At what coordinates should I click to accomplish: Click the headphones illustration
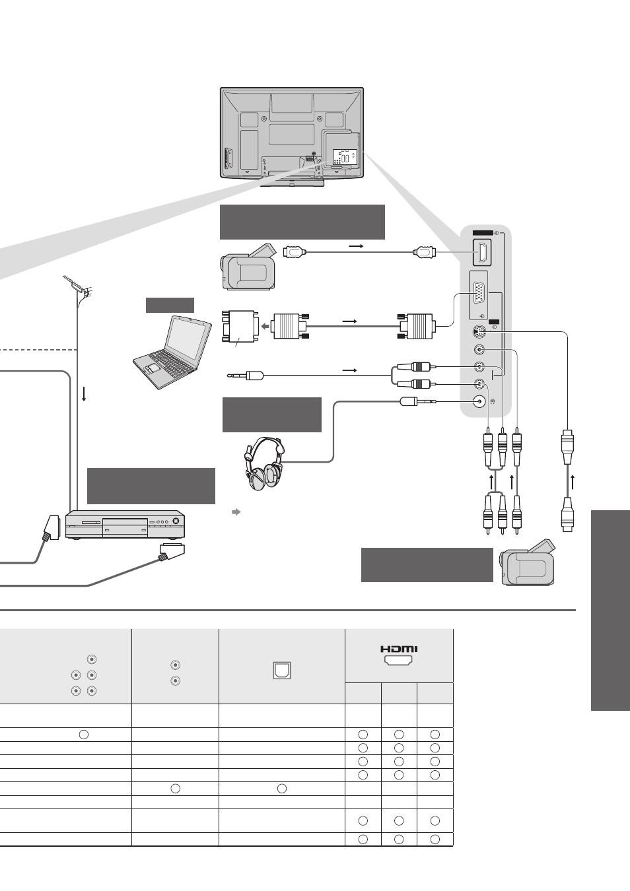coord(265,464)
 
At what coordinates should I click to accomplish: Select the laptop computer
coord(172,352)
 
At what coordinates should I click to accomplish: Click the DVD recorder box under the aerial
coord(125,524)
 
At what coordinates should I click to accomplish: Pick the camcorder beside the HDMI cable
coord(248,267)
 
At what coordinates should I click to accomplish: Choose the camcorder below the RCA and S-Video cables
coord(528,562)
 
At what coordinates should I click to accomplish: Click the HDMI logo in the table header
coord(399,649)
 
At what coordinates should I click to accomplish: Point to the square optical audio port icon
coord(282,671)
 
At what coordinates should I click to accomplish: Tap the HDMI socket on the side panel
coord(482,253)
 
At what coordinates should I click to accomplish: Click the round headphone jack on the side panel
coord(479,401)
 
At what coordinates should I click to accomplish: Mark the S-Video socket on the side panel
coord(479,331)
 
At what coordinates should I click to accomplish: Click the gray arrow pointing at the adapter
coord(265,326)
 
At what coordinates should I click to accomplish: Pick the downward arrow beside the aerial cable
coord(84,393)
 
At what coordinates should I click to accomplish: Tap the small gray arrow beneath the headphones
coord(236,512)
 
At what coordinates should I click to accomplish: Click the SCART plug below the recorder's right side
coord(172,552)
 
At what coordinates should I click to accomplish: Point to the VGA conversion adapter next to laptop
coord(239,327)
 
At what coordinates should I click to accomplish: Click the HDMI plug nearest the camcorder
coord(295,252)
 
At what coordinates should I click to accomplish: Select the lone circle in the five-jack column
coord(84,735)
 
